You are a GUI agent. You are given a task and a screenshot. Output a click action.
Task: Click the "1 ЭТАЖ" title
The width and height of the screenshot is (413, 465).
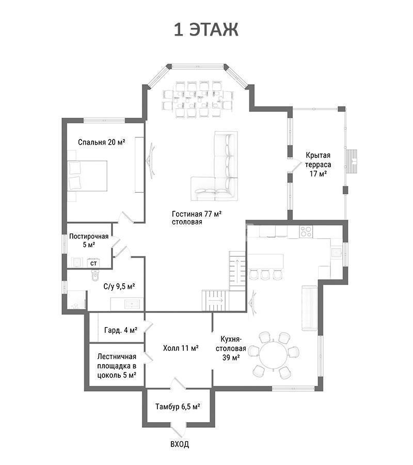click(206, 30)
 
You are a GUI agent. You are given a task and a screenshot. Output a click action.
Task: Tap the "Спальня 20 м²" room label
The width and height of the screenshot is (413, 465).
click(101, 142)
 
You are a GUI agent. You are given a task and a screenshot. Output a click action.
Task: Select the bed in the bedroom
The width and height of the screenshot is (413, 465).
click(87, 176)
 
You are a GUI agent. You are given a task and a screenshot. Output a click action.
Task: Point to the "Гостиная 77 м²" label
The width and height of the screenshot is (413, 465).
click(197, 214)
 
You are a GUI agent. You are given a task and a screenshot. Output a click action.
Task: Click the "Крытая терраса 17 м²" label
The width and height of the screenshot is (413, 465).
click(318, 164)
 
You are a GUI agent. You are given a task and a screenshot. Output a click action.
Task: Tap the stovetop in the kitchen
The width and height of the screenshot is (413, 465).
click(306, 231)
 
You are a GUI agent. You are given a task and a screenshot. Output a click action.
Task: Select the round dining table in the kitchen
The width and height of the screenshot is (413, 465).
click(274, 355)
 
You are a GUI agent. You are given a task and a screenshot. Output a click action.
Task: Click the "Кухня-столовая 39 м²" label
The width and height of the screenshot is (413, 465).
click(231, 348)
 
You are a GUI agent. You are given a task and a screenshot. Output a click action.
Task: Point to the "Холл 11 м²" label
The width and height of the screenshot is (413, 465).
click(181, 348)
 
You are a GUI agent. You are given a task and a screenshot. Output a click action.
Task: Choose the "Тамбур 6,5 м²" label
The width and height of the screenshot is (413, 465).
click(178, 406)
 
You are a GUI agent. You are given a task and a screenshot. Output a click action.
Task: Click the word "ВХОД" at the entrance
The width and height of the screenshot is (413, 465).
click(180, 444)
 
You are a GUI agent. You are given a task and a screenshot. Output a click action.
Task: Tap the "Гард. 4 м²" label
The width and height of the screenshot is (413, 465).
click(121, 330)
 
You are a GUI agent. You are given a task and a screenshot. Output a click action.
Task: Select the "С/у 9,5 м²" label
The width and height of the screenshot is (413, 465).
click(119, 286)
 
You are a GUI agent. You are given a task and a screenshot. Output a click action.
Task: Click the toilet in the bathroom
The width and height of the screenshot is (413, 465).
click(96, 276)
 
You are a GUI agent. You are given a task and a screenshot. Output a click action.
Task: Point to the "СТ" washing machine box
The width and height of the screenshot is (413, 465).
click(93, 263)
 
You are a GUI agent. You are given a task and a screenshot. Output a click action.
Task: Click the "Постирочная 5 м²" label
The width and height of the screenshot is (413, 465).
click(89, 240)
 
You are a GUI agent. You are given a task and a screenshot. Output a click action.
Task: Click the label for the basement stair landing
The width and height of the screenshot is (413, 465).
click(117, 366)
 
